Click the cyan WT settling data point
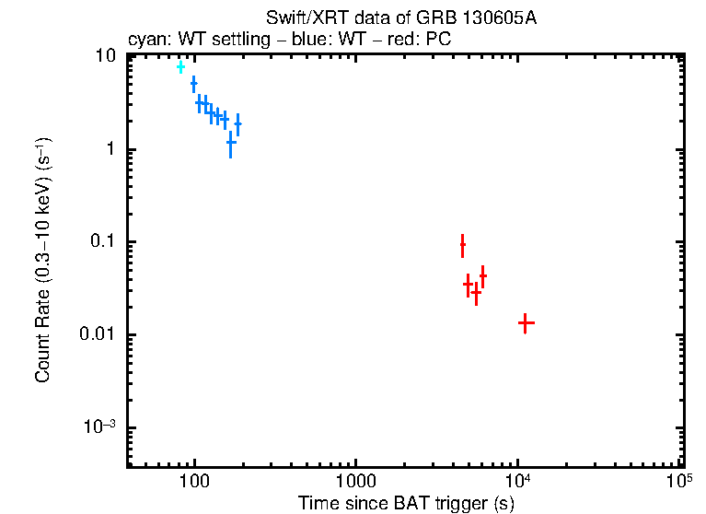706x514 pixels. tap(180, 66)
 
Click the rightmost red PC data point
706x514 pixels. tap(526, 323)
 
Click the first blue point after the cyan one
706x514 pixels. tap(193, 84)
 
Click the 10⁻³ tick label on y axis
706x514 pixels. tap(101, 426)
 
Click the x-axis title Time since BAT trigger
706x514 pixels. tap(405, 503)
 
